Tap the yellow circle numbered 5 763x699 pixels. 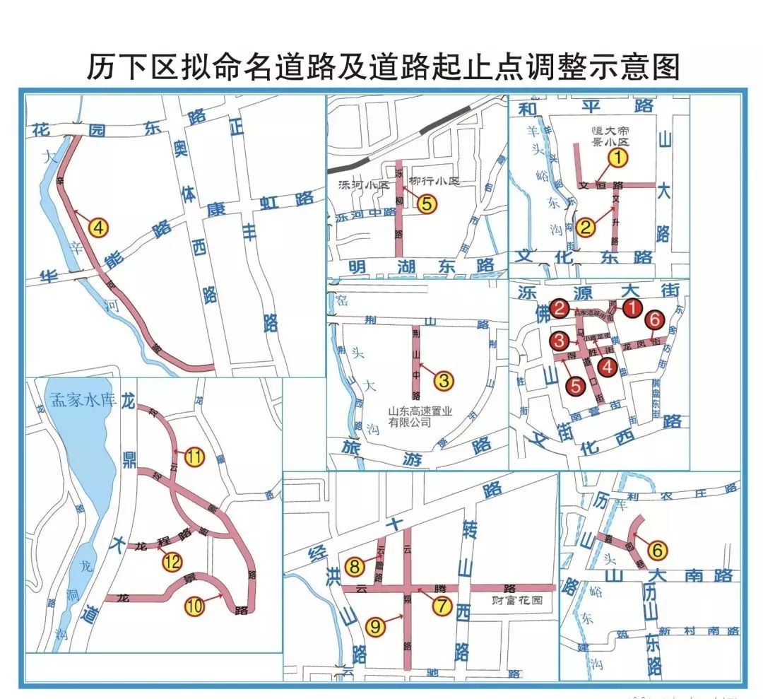(427, 204)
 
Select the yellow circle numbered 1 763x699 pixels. (618, 158)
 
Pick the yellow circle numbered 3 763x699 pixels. (444, 381)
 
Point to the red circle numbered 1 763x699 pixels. (632, 307)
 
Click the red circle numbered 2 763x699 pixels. (560, 307)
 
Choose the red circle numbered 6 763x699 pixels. (654, 321)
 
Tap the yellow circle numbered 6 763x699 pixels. (657, 549)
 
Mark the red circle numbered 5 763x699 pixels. (576, 385)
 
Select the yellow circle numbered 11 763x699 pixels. (194, 457)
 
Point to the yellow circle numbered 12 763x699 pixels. (172, 563)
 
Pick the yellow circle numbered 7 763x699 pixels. (442, 606)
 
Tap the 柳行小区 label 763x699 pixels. (433, 182)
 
